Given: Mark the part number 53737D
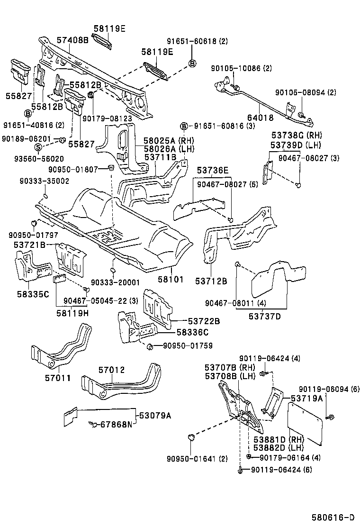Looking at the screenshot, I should (x=263, y=316).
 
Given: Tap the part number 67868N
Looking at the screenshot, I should (x=116, y=424).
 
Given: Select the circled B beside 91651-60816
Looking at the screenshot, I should (x=183, y=126).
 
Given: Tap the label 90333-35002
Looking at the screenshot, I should (x=45, y=181).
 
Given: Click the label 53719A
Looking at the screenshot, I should (x=306, y=398).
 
